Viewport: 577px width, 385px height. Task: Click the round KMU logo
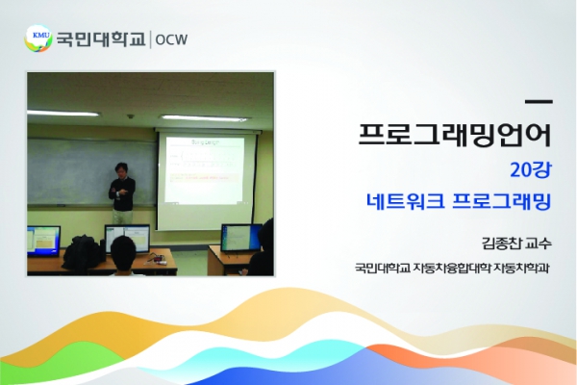[38, 38]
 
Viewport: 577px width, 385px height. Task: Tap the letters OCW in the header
[171, 39]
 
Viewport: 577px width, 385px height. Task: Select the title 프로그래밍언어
[455, 134]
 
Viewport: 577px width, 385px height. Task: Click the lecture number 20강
[531, 169]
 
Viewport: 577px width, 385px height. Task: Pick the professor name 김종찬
[501, 244]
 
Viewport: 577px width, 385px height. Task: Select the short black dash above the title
[539, 101]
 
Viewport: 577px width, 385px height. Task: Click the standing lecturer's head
[121, 169]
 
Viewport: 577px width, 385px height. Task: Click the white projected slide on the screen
[204, 169]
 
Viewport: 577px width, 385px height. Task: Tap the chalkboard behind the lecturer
[92, 171]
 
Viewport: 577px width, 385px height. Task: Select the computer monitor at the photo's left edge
[43, 242]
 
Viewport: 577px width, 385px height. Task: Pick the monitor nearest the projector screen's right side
[241, 238]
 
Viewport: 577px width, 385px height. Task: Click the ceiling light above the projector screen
[204, 118]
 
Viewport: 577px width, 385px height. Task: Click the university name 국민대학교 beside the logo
[101, 39]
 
